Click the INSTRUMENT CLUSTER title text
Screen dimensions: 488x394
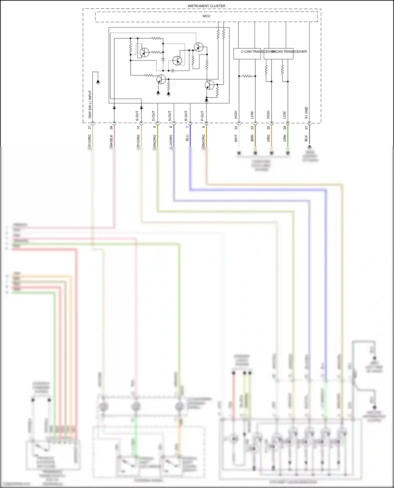tap(206, 6)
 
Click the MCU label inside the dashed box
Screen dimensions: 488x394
tap(206, 16)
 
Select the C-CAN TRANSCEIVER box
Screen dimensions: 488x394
tap(247, 53)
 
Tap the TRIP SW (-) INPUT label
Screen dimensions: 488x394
tap(90, 104)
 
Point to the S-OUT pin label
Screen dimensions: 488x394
tap(137, 116)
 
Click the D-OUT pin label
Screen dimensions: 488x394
tap(154, 116)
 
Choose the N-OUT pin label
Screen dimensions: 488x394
tap(170, 116)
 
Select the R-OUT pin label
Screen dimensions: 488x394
tap(186, 116)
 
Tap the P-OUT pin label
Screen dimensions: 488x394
tap(202, 116)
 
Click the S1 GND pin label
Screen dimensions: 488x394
tap(306, 113)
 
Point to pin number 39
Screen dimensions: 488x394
tap(111, 128)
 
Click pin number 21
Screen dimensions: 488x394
tap(89, 127)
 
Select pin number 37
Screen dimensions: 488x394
tap(306, 128)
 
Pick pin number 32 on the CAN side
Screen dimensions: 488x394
tap(236, 128)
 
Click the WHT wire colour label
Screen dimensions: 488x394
tap(236, 138)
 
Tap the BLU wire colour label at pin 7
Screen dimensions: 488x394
tap(187, 138)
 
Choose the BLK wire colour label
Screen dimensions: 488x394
tap(306, 138)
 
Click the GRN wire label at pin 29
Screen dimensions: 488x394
tap(285, 138)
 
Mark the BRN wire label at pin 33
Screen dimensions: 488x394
tap(252, 138)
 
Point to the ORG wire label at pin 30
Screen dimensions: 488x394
tap(268, 138)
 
